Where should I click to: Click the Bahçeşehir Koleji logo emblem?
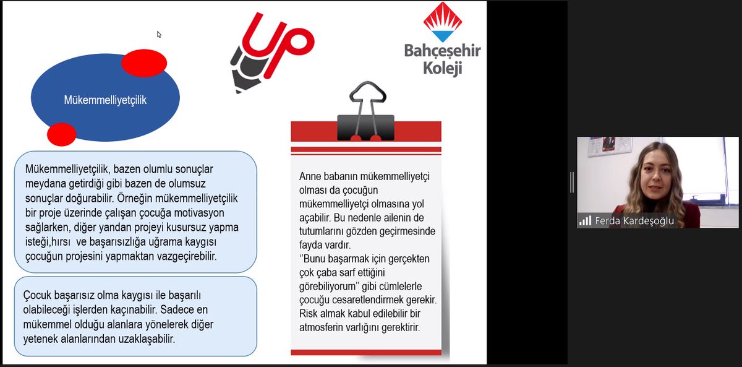point(442,22)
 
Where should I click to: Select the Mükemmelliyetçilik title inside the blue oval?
point(105,100)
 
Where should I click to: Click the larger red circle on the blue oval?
point(144,63)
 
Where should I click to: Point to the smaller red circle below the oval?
point(61,134)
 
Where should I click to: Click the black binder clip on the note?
point(367,111)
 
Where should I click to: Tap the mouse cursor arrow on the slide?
point(159,35)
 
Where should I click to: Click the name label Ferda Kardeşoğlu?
point(634,221)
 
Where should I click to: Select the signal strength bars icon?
point(585,221)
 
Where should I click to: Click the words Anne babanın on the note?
point(328,176)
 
